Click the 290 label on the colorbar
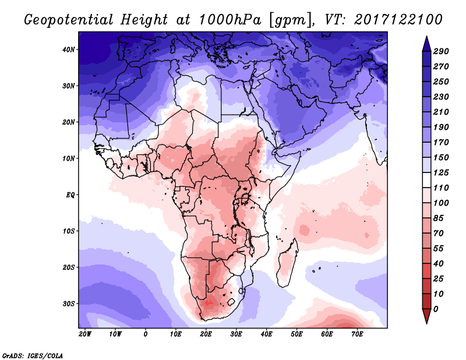441,52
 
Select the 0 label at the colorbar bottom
436,308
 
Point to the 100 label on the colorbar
441,202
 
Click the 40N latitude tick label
69,50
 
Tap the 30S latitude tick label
69,303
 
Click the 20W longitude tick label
85,334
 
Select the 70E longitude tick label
357,334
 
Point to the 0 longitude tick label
146,334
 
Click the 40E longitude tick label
266,334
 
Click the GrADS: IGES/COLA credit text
32,354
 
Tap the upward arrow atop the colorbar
426,41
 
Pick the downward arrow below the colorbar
426,317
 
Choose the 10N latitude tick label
69,158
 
